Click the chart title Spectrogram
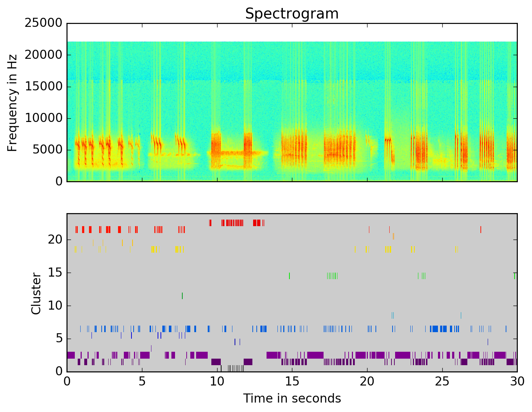tap(292, 14)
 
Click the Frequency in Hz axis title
tap(12, 103)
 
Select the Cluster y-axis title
tap(36, 293)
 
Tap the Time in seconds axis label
tap(292, 398)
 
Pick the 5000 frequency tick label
tap(48, 150)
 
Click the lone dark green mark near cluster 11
tap(182, 295)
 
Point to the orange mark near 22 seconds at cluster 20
tap(393, 236)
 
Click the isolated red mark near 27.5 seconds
tap(480, 229)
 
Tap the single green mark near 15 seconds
tap(289, 276)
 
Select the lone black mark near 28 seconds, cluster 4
tap(488, 342)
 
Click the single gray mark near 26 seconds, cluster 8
tap(461, 315)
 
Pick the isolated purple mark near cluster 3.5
tap(151, 348)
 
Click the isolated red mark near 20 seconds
tap(369, 229)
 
